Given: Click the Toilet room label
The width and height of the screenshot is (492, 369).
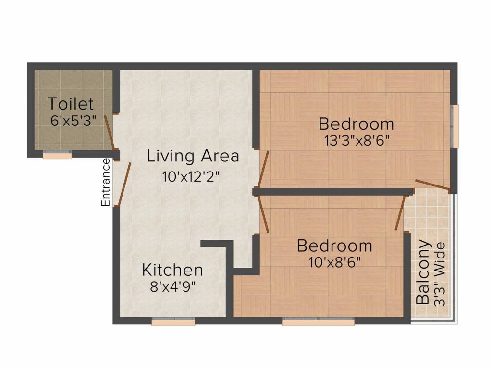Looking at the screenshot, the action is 71,103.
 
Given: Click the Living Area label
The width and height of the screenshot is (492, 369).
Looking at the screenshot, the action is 193,156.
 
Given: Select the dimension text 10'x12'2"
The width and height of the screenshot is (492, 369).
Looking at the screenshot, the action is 191,176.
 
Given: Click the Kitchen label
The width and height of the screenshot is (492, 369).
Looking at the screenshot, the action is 172,270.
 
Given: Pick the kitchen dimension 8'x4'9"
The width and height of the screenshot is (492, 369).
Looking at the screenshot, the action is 173,287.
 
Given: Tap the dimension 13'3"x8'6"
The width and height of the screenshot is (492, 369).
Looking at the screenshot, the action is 356,141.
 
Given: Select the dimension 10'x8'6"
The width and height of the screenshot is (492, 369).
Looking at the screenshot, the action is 335,262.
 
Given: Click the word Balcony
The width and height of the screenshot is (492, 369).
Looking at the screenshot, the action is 423,271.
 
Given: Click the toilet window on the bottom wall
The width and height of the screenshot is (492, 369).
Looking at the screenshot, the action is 57,155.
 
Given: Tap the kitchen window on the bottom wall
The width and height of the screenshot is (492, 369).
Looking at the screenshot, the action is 173,322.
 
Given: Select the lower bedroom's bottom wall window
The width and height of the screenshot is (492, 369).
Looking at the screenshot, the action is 318,322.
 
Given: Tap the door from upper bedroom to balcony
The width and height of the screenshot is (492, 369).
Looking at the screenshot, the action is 432,185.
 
